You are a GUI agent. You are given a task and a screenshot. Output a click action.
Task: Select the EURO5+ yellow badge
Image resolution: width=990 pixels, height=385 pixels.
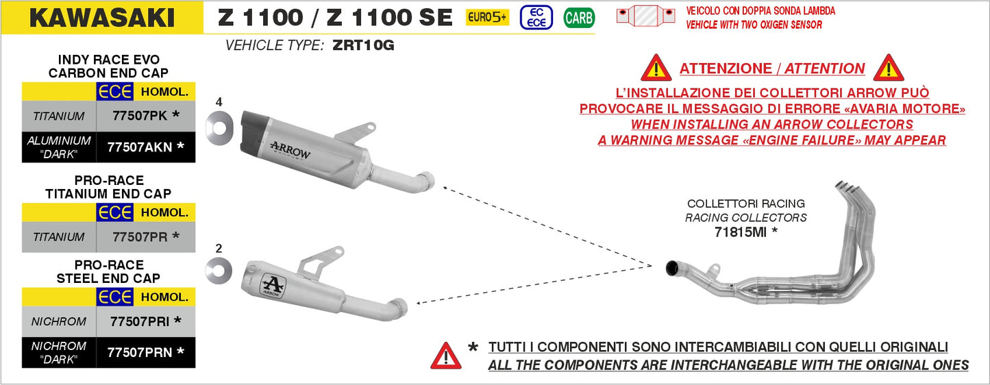487,18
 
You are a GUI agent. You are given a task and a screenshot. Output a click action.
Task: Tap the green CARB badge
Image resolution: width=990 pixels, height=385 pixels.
579,18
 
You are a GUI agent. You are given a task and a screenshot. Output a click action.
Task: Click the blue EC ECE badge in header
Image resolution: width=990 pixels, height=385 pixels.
536,18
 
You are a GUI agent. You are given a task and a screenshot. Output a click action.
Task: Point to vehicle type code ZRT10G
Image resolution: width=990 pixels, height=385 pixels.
363,46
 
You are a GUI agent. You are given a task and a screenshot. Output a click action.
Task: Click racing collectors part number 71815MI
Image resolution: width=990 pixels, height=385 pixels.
745,232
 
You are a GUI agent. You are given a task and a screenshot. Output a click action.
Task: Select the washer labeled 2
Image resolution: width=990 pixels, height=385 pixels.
219,272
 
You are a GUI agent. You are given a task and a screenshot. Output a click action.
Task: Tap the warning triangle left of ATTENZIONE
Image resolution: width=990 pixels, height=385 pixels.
656,69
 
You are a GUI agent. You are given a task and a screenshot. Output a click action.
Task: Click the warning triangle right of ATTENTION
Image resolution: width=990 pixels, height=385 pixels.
889,69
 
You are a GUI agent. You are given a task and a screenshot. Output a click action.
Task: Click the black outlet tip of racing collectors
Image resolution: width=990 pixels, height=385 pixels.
673,269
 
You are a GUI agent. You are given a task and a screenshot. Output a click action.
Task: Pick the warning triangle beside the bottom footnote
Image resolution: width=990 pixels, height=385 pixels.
445,356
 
